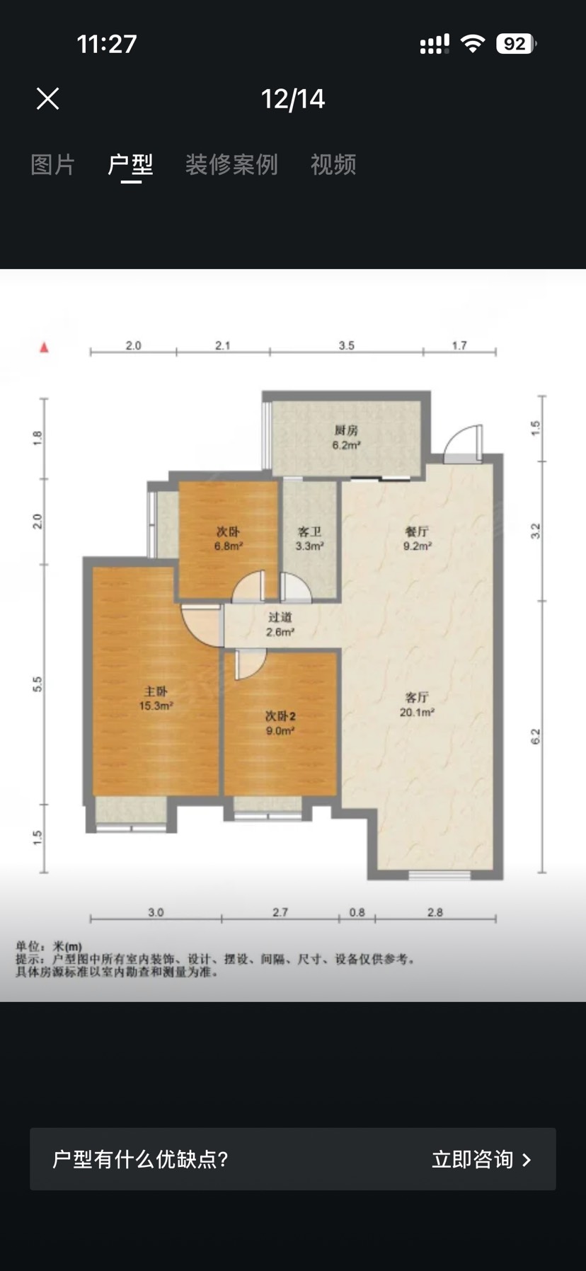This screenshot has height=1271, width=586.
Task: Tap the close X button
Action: coord(48,98)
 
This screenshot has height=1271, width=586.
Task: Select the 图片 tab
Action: coord(53,165)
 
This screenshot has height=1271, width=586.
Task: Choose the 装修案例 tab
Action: coord(231,165)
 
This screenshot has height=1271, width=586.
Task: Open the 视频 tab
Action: coord(333,165)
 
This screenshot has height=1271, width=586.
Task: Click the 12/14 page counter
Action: coord(293,99)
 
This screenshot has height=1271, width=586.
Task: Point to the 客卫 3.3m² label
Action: coord(309,539)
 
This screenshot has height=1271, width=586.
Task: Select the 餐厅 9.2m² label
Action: coord(417,539)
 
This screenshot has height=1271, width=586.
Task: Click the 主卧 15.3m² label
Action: coord(156,698)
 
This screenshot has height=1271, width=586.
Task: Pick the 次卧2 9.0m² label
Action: coord(280,723)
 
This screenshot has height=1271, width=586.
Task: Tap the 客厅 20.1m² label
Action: coord(417,705)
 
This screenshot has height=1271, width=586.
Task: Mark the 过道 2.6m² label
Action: coord(280,624)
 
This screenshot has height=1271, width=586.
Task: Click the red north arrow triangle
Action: coord(44,347)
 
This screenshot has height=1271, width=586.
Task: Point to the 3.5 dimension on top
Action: coord(346,345)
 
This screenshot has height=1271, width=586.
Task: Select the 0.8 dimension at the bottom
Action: coord(357,912)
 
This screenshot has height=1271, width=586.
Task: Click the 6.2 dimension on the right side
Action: coord(535,737)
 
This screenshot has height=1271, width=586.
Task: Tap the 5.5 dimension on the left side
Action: coord(38,684)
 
